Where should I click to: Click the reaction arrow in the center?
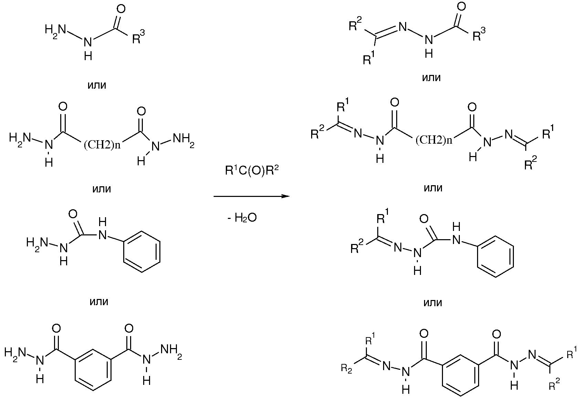pyautogui.click(x=251, y=197)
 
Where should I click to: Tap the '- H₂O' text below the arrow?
pyautogui.click(x=242, y=218)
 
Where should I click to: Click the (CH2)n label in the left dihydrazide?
pyautogui.click(x=102, y=145)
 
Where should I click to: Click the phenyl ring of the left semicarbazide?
pyautogui.click(x=141, y=252)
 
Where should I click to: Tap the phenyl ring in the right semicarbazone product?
pyautogui.click(x=496, y=256)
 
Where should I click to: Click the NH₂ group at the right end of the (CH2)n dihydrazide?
pyautogui.click(x=183, y=139)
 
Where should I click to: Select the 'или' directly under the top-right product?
pyautogui.click(x=431, y=78)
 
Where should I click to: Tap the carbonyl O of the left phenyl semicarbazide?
pyautogui.click(x=73, y=214)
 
